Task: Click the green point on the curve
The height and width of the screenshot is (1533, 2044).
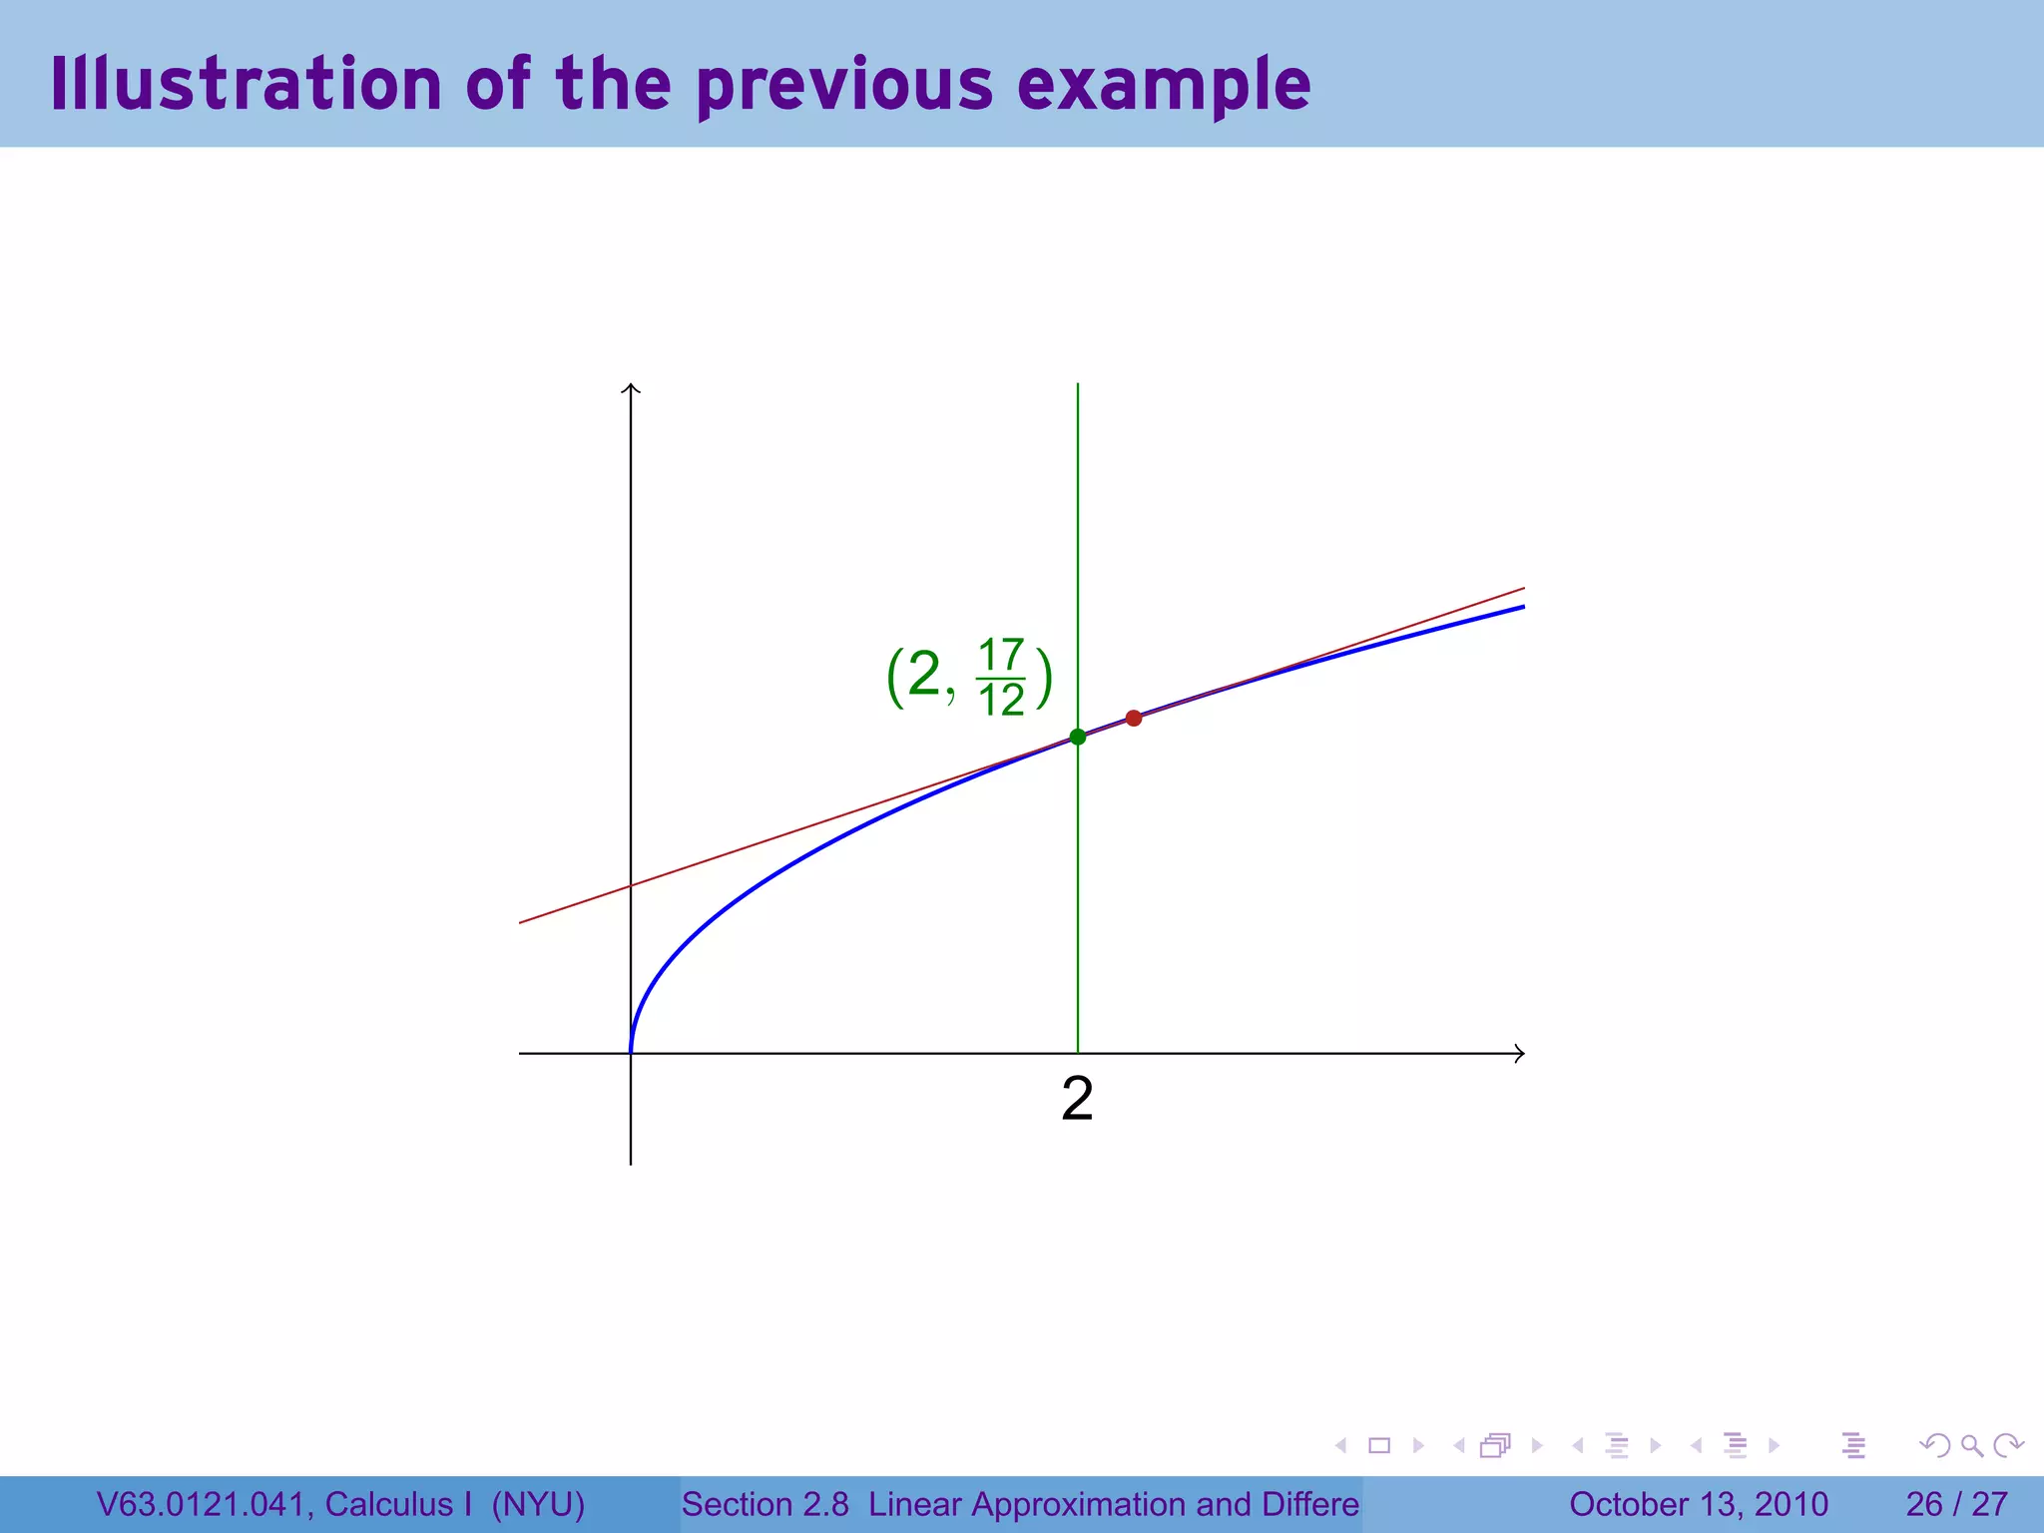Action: [x=1077, y=737]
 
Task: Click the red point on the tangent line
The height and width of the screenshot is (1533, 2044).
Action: [x=1133, y=718]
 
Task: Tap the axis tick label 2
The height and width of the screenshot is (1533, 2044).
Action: [x=1077, y=1099]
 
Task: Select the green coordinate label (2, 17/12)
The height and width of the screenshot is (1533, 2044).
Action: [x=968, y=677]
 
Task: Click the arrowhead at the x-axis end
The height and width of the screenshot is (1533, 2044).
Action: [x=1519, y=1053]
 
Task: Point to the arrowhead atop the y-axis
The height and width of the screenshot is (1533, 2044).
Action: [x=631, y=388]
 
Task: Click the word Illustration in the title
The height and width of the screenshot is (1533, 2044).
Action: [x=246, y=84]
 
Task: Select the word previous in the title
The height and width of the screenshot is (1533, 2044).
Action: [x=844, y=86]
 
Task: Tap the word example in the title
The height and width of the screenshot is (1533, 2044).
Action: [x=1164, y=86]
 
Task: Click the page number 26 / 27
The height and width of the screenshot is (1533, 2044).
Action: [x=1956, y=1504]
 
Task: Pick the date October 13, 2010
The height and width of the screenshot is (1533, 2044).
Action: [x=1698, y=1504]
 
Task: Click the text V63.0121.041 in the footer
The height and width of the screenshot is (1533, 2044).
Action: [x=204, y=1504]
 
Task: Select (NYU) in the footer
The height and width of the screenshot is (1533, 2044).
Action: [x=538, y=1504]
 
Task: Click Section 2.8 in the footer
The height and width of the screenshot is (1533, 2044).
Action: [x=765, y=1504]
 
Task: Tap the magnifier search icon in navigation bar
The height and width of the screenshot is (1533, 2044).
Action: [x=1971, y=1445]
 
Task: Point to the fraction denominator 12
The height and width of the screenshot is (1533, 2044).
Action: [x=1001, y=700]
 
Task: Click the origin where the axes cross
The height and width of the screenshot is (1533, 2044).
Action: [x=631, y=1053]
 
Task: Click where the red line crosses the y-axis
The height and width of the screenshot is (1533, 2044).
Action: [x=631, y=885]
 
